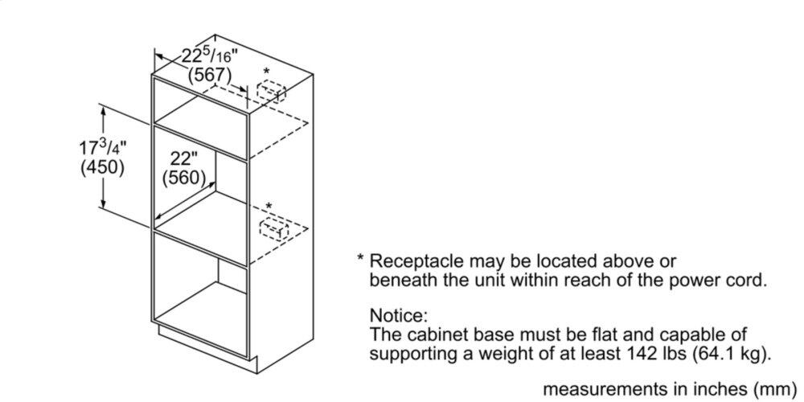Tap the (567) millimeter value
click(209, 76)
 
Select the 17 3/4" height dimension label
click(103, 148)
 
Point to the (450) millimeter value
click(103, 168)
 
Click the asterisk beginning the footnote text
click(362, 260)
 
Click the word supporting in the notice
click(409, 353)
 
